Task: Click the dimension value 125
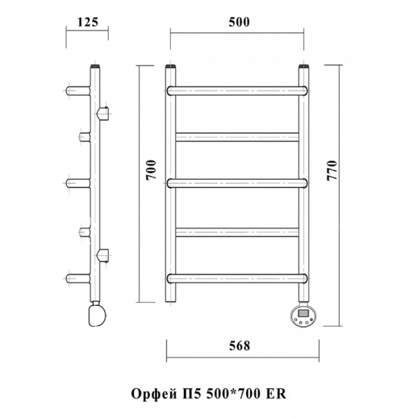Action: click(86, 21)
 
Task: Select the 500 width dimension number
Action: click(238, 21)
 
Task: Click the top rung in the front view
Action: click(238, 89)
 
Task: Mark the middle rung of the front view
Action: click(238, 183)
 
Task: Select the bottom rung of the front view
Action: click(238, 277)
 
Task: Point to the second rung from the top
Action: click(238, 136)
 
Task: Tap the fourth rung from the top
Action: click(238, 231)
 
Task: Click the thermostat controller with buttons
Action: click(304, 315)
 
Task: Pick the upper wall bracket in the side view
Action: click(103, 111)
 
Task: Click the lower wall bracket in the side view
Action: click(103, 254)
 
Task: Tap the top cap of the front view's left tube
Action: click(171, 68)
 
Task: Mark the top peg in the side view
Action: click(77, 89)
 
